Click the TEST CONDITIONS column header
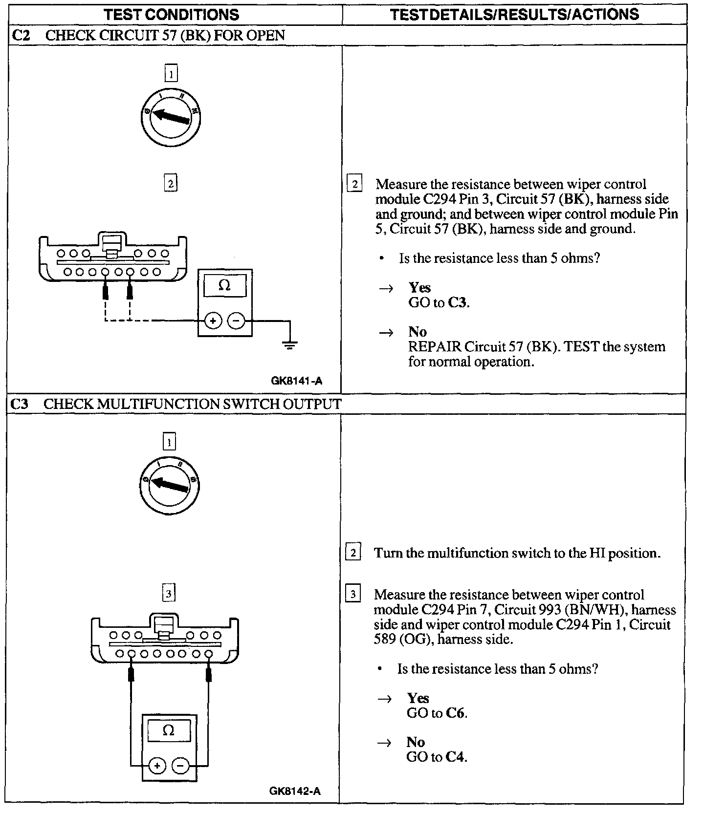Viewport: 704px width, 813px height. coord(172,14)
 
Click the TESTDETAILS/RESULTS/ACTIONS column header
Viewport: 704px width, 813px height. coord(514,14)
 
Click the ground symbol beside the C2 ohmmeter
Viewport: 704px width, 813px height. coord(290,346)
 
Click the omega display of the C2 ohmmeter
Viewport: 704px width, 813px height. coord(224,285)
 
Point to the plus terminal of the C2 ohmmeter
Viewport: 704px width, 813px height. coord(213,321)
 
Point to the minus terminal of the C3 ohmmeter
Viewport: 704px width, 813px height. coord(180,766)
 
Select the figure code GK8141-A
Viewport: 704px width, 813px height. coord(297,381)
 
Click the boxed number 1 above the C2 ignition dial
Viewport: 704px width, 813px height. coord(171,74)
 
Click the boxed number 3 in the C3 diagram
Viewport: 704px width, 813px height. coord(168,594)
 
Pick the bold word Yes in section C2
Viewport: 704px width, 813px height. coord(419,287)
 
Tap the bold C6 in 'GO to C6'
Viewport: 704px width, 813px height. coord(456,713)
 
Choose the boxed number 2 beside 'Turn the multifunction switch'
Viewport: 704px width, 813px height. coord(353,553)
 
